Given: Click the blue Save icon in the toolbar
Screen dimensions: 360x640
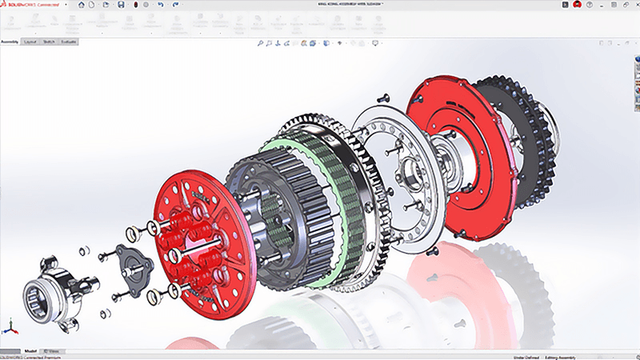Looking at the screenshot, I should [x=120, y=5].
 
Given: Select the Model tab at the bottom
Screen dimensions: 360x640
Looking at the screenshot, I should [x=30, y=350].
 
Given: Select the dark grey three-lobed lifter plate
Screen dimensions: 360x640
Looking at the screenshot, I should [x=133, y=261].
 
